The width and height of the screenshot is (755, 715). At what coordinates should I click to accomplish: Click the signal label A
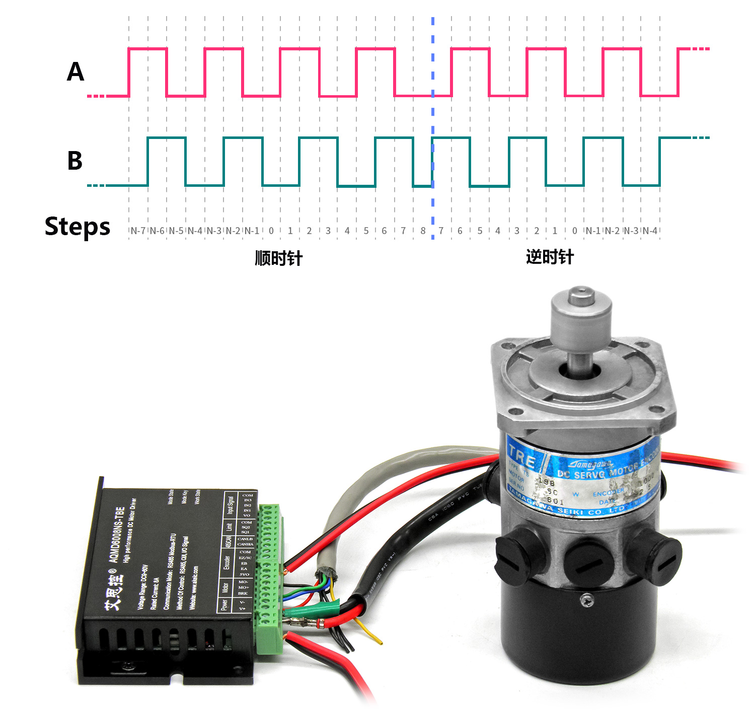tap(75, 71)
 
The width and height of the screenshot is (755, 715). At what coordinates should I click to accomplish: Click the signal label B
tap(75, 161)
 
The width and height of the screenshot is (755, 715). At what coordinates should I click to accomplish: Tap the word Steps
tap(78, 227)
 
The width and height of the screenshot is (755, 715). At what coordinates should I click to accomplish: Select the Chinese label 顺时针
tap(278, 258)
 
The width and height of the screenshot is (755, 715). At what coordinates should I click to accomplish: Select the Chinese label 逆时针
tap(550, 257)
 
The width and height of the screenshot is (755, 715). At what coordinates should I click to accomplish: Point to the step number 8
tap(423, 231)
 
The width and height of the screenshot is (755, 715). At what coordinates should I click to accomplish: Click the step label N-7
tap(138, 231)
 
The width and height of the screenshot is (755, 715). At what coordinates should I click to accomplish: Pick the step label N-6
tap(157, 231)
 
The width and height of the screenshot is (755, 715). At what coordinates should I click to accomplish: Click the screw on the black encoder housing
tap(586, 599)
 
